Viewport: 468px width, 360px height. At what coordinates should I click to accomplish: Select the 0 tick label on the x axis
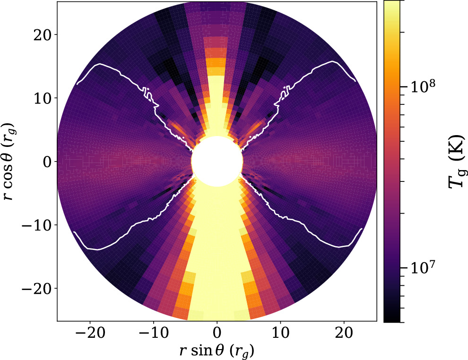click(x=217, y=333)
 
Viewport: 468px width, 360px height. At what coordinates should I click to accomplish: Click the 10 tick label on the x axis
click(x=280, y=333)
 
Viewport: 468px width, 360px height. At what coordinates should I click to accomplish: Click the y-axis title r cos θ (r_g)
click(x=10, y=161)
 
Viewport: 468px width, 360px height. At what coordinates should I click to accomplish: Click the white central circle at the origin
click(x=217, y=161)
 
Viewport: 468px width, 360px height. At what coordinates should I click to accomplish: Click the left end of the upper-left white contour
click(x=77, y=84)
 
